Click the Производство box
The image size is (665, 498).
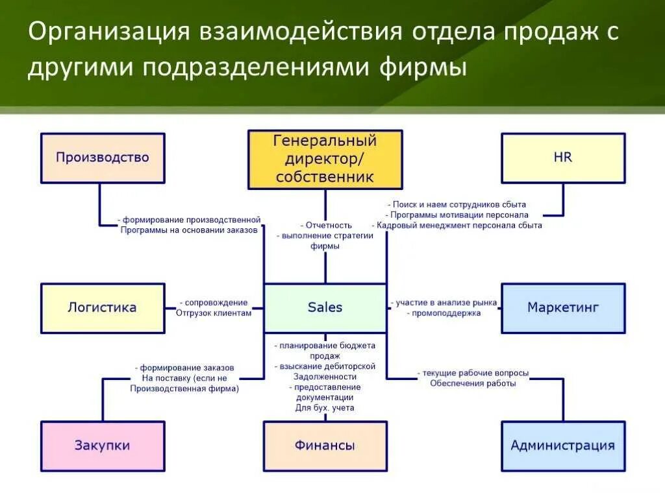[103, 158]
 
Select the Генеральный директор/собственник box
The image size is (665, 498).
[325, 159]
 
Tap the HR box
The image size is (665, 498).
[563, 158]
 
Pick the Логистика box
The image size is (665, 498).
[103, 307]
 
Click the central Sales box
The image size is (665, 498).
[325, 307]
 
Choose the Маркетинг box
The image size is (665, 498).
[563, 307]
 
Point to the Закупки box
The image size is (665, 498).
[103, 445]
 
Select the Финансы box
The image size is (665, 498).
[325, 445]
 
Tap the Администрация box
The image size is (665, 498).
[563, 445]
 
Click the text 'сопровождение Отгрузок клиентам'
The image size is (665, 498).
[214, 307]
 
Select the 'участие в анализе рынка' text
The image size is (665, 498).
[444, 302]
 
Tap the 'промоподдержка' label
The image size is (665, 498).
[445, 313]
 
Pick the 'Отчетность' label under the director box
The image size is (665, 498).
[326, 225]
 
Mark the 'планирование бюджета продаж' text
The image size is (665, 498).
[325, 351]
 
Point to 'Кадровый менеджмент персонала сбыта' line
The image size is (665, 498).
[457, 225]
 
